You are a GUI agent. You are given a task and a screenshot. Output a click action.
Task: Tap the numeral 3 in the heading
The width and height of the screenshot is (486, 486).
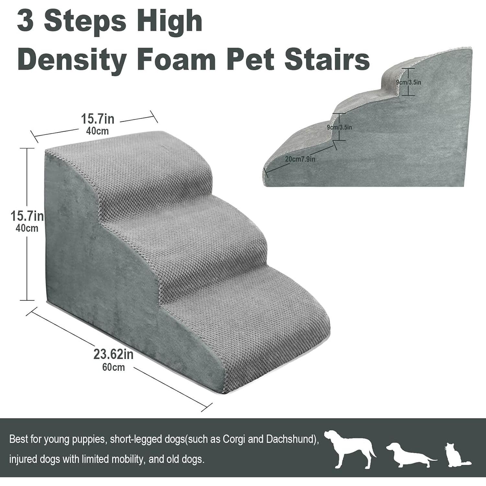click(25, 21)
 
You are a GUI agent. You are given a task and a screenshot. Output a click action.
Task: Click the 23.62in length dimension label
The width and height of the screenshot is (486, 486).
click(113, 354)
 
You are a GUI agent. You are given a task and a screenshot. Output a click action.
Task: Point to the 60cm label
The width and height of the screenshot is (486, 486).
click(113, 367)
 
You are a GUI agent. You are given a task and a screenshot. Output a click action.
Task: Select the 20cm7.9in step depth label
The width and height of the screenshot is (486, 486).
click(300, 159)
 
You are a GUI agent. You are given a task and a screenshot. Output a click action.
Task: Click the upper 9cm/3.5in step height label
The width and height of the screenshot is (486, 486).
click(409, 82)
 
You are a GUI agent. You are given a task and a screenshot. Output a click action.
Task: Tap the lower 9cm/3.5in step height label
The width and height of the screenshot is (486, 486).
click(339, 127)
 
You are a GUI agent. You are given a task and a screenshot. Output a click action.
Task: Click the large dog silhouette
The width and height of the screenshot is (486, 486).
click(350, 449)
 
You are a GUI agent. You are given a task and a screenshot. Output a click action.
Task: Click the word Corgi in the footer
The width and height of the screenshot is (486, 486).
click(234, 439)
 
